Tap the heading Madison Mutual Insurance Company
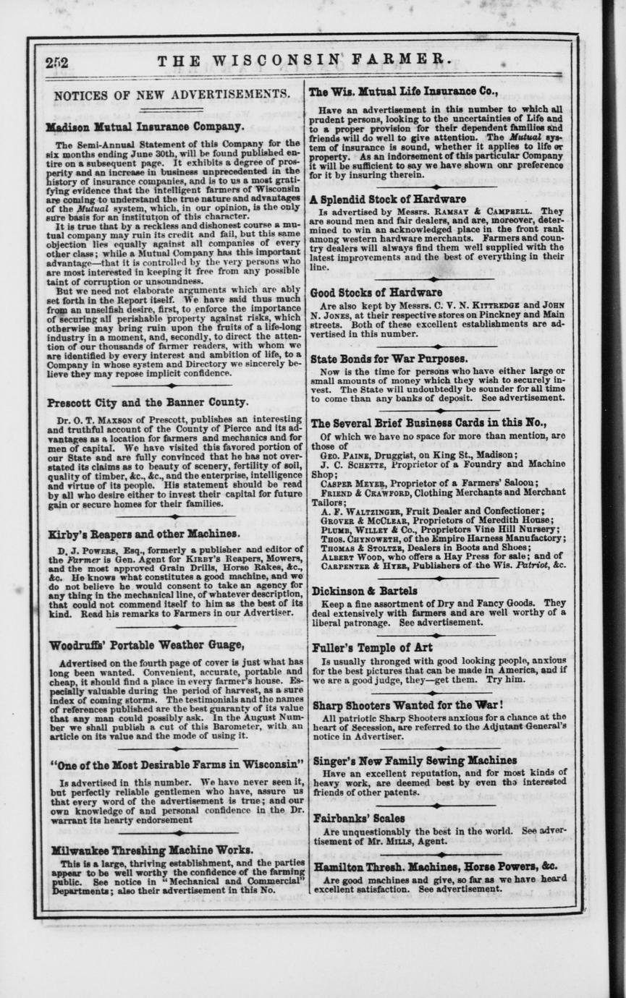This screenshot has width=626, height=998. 145,127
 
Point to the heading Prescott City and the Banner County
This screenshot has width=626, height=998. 148,403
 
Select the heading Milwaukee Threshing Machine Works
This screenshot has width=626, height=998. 151,850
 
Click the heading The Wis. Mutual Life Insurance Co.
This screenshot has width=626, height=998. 403,92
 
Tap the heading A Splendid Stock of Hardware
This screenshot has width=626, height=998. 388,199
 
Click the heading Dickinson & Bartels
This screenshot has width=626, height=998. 364,591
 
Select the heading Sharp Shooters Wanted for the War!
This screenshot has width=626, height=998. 408,704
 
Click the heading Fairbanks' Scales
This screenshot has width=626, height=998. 359,819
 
